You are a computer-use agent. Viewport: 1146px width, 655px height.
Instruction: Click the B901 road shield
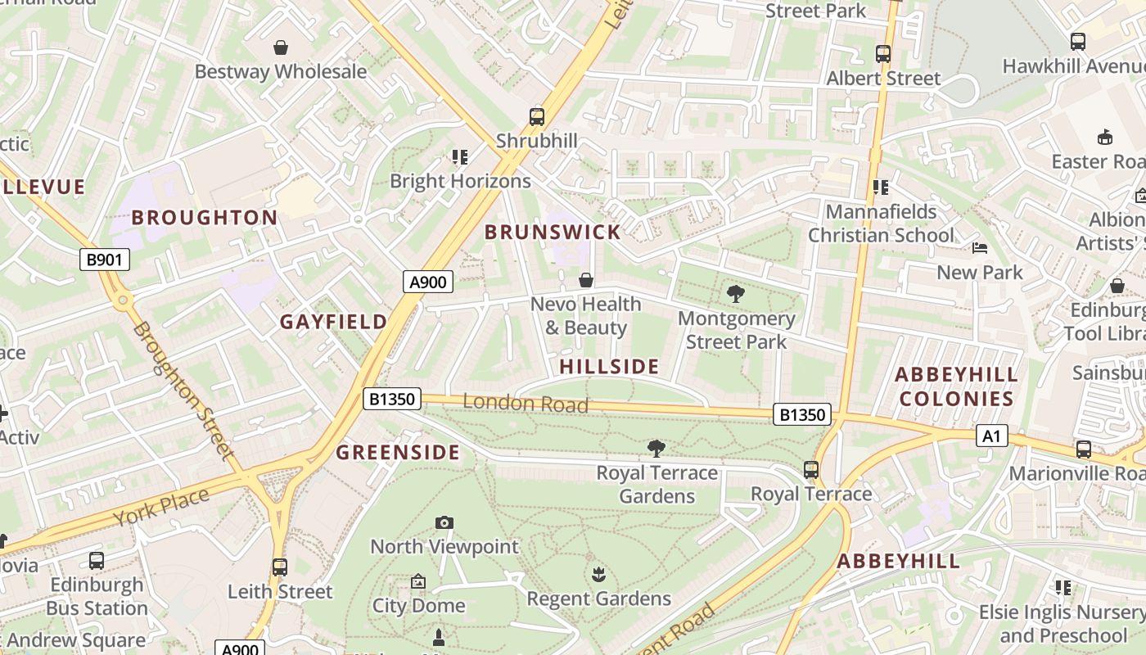click(x=105, y=260)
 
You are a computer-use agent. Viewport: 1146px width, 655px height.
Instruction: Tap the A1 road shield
click(x=990, y=436)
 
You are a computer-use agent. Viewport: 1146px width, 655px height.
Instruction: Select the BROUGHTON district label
click(x=205, y=217)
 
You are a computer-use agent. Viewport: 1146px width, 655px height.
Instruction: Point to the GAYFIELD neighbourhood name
click(x=333, y=322)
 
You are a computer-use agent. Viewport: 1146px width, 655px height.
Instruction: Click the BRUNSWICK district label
click(x=553, y=232)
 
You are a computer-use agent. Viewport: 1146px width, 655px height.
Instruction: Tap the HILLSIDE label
click(x=609, y=366)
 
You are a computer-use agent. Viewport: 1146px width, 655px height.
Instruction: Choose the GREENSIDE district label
click(x=398, y=452)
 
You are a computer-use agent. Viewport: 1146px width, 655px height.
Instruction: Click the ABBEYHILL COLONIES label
click(x=956, y=386)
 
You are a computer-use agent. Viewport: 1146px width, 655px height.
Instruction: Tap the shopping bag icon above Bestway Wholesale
click(x=281, y=47)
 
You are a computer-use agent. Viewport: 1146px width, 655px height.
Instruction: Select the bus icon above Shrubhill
click(x=537, y=117)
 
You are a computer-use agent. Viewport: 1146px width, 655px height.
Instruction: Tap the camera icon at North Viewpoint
click(x=444, y=522)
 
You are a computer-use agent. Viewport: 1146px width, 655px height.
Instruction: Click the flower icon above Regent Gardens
click(x=598, y=575)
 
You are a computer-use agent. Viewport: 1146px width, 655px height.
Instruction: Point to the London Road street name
click(x=525, y=403)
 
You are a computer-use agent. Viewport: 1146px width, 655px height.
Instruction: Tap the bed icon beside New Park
click(x=980, y=248)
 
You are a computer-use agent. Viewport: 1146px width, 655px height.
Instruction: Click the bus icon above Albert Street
click(x=882, y=54)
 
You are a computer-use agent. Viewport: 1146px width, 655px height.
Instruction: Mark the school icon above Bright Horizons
click(x=460, y=156)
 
